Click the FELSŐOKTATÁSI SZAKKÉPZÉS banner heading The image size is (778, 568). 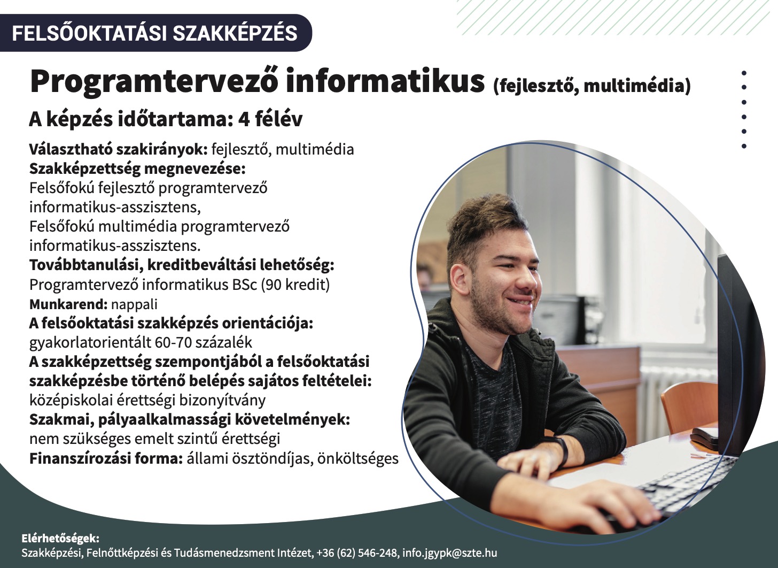click(154, 33)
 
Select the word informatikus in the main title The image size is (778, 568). click(385, 81)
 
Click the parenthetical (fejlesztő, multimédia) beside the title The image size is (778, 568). click(592, 86)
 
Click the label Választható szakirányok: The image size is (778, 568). click(119, 149)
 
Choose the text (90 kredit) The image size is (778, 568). click(295, 285)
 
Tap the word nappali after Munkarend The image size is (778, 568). click(134, 304)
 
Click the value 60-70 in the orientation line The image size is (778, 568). click(173, 342)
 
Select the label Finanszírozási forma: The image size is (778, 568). click(106, 458)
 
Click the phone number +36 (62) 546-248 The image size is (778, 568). click(357, 552)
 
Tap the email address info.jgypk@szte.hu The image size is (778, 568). click(450, 552)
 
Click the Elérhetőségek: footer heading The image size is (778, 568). click(60, 539)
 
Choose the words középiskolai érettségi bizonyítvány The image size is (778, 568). click(147, 401)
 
